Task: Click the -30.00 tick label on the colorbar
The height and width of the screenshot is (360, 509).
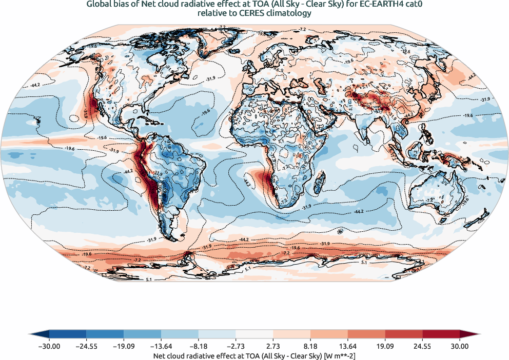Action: pyautogui.click(x=49, y=347)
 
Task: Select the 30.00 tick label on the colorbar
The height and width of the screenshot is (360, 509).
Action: pyautogui.click(x=460, y=347)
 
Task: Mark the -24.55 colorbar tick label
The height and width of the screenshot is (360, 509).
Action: pyautogui.click(x=87, y=347)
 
